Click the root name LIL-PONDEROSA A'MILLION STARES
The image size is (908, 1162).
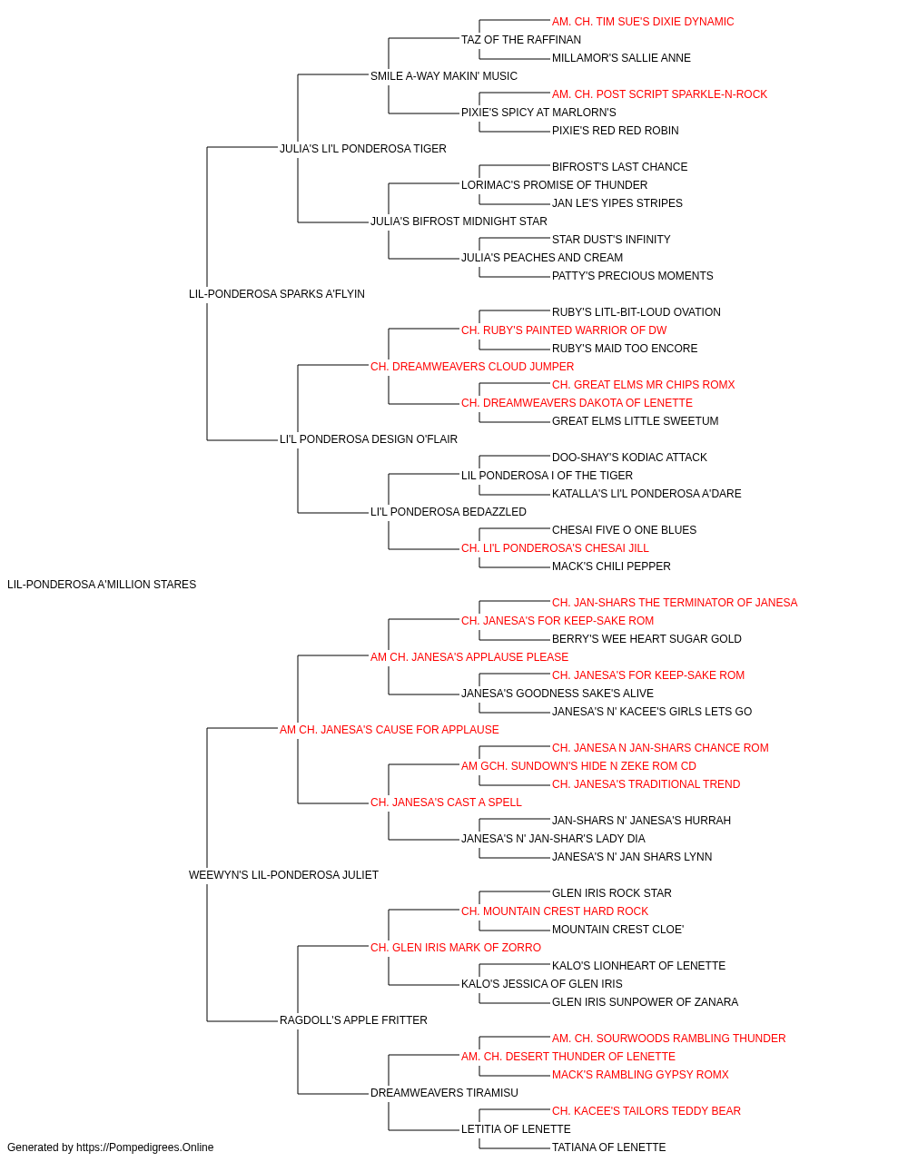102,585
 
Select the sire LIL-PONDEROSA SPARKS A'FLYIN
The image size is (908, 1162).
276,294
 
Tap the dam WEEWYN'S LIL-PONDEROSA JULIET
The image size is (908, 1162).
283,875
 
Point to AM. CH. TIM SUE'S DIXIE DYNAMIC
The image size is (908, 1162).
643,22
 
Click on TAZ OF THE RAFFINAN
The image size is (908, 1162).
521,40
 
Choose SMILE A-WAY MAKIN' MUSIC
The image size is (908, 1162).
444,76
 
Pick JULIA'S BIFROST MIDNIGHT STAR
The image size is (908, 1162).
459,222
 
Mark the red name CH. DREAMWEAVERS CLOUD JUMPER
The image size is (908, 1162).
472,367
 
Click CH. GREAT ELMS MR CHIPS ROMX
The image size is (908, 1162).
643,385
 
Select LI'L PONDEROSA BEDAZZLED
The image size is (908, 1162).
449,512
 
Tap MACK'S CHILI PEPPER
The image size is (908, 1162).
611,566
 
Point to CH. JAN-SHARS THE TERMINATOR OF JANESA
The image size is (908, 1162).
675,603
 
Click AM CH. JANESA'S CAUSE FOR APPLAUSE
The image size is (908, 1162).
390,730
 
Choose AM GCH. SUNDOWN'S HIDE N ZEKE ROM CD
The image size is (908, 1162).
578,766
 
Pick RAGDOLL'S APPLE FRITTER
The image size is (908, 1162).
353,1020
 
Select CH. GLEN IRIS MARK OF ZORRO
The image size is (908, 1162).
456,948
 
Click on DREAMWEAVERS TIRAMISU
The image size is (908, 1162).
444,1093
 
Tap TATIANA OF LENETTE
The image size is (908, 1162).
609,1147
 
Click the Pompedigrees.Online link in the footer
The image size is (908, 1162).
144,1147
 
